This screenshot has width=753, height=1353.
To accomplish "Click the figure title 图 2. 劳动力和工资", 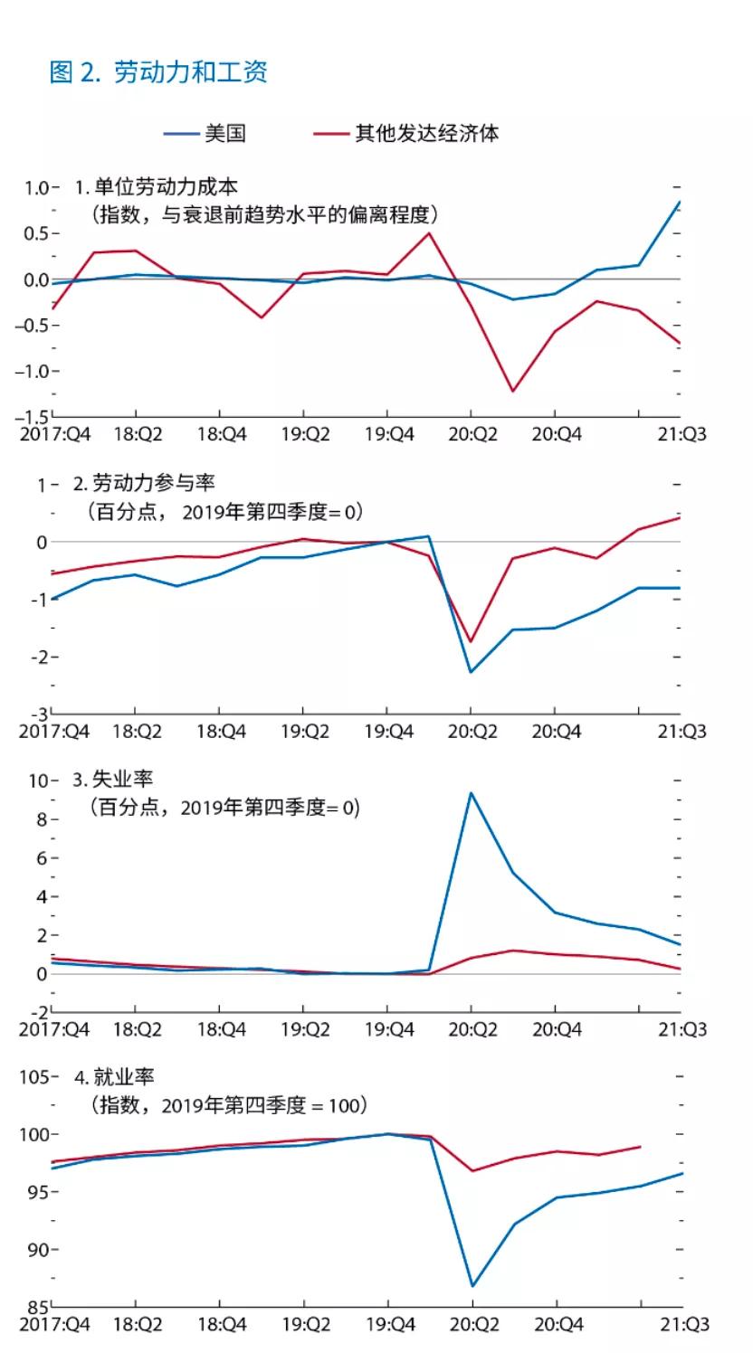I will tap(158, 72).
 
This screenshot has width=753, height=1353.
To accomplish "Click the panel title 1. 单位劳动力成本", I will tap(157, 187).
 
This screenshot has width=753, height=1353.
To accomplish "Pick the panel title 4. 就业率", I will tap(115, 1077).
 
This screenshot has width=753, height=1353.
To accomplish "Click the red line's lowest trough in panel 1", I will tap(513, 392).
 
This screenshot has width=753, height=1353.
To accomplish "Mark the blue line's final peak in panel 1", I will tap(680, 202).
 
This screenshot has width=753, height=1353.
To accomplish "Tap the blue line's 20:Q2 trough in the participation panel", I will tap(471, 672).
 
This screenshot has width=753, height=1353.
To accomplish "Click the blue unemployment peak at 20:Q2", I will tap(471, 793).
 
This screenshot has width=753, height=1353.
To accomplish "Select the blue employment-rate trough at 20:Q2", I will tap(472, 1286).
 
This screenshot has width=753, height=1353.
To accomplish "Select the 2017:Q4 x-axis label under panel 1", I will tap(54, 435).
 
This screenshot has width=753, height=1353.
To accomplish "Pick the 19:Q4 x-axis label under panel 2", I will tap(388, 732).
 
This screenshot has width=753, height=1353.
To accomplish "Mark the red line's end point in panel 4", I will tap(640, 1147).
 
